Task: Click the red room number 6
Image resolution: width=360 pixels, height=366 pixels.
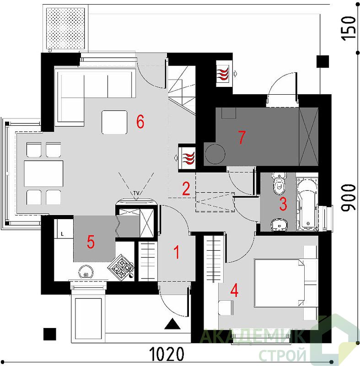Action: (140, 122)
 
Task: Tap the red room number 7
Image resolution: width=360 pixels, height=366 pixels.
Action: (242, 137)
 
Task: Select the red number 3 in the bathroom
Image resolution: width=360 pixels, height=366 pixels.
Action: (283, 204)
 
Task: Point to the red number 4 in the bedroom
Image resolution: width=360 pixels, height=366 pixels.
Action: (234, 291)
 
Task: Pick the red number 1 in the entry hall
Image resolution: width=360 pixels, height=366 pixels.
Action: (177, 252)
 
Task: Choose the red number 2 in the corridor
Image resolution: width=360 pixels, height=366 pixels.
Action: (186, 188)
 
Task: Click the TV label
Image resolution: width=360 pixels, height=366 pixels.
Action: (136, 193)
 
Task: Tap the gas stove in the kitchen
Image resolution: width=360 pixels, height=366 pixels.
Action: (120, 267)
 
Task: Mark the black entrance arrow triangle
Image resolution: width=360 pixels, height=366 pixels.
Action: (172, 323)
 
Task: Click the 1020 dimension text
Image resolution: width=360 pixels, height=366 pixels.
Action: (166, 354)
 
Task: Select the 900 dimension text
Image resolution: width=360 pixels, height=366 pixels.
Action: (349, 198)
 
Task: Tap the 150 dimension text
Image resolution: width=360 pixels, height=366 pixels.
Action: (349, 28)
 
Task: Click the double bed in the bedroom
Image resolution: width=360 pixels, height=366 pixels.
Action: (279, 283)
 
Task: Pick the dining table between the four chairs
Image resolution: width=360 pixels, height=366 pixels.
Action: (43, 174)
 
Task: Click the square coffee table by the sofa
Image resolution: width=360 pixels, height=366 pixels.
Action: (114, 122)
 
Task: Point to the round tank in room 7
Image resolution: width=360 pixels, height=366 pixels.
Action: (215, 154)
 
